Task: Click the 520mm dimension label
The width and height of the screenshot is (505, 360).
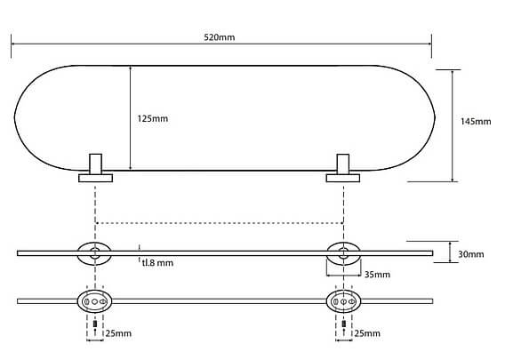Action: pos(220,37)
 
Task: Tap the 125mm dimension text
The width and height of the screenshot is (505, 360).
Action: pos(153,119)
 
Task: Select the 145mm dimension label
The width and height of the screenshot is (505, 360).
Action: pos(476,122)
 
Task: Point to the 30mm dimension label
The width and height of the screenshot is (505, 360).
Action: pos(471,254)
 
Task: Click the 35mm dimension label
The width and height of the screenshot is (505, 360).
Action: pos(377,275)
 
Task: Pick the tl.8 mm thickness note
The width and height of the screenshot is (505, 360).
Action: pos(157,263)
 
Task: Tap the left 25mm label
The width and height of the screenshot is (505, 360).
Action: pos(118,333)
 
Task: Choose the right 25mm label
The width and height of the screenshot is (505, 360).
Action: pos(367,333)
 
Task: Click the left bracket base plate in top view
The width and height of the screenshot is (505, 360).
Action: pos(96,178)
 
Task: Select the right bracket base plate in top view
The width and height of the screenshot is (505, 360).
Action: pos(343,178)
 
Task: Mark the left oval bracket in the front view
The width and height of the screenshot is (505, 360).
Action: pos(94,253)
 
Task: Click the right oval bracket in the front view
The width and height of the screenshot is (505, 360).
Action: pos(344,253)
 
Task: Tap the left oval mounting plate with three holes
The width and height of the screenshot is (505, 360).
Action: pos(94,301)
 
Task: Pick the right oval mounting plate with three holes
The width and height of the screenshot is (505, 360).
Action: pos(344,301)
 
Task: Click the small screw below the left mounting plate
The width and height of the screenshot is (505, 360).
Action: pos(95,324)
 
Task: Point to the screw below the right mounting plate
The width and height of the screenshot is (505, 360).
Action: pos(344,324)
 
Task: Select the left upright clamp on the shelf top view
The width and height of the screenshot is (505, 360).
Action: pos(96,164)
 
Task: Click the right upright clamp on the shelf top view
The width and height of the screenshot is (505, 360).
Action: pos(343,164)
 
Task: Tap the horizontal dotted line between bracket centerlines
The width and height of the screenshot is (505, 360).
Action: pos(220,223)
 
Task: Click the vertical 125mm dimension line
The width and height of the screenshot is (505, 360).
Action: pos(130,118)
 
